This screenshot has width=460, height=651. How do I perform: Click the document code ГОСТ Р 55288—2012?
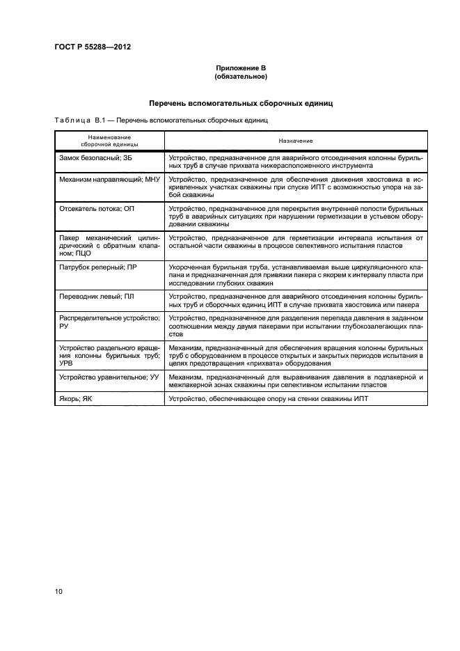[x=93, y=47]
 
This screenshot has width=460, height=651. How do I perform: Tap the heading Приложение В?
[x=241, y=68]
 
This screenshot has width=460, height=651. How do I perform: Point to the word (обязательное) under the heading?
[x=241, y=76]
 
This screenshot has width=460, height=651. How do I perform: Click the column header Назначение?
[x=296, y=141]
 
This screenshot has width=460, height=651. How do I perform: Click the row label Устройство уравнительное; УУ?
[x=106, y=377]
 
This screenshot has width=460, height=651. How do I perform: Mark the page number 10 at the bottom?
[x=59, y=592]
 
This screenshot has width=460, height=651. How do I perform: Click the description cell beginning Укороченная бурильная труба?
[x=296, y=275]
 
